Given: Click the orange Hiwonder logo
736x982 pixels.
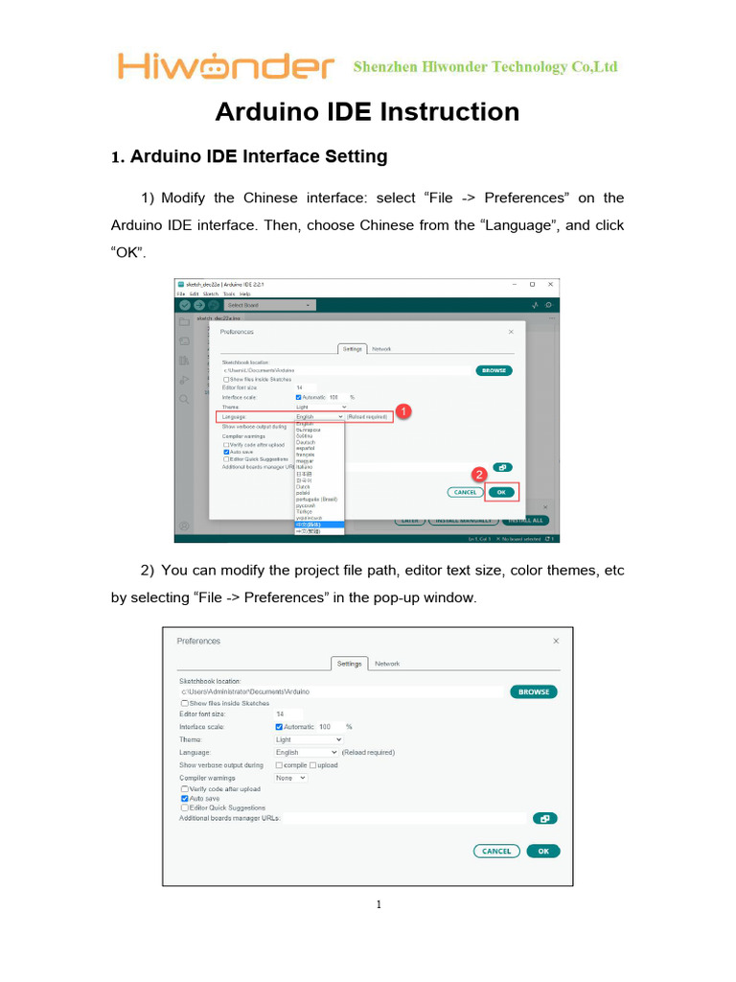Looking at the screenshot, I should click(226, 66).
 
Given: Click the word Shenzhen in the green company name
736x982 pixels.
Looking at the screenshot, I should click(385, 66).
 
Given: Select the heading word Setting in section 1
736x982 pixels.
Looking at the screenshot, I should click(356, 156).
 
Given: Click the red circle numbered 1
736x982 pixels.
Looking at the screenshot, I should click(403, 411).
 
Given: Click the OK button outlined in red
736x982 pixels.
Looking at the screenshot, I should click(501, 492).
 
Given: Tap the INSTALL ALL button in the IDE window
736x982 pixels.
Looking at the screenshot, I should click(524, 520).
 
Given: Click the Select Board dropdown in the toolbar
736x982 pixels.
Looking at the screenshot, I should click(267, 305).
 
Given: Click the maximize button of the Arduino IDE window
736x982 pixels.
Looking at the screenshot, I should click(532, 285).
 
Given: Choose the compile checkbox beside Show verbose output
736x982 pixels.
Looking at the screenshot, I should click(279, 765).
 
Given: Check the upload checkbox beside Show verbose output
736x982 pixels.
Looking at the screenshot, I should click(312, 765).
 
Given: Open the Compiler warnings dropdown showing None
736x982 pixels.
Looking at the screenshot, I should click(290, 778).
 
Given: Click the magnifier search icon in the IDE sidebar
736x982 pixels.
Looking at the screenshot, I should click(183, 398).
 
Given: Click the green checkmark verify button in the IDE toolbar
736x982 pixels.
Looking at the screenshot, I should click(184, 305).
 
